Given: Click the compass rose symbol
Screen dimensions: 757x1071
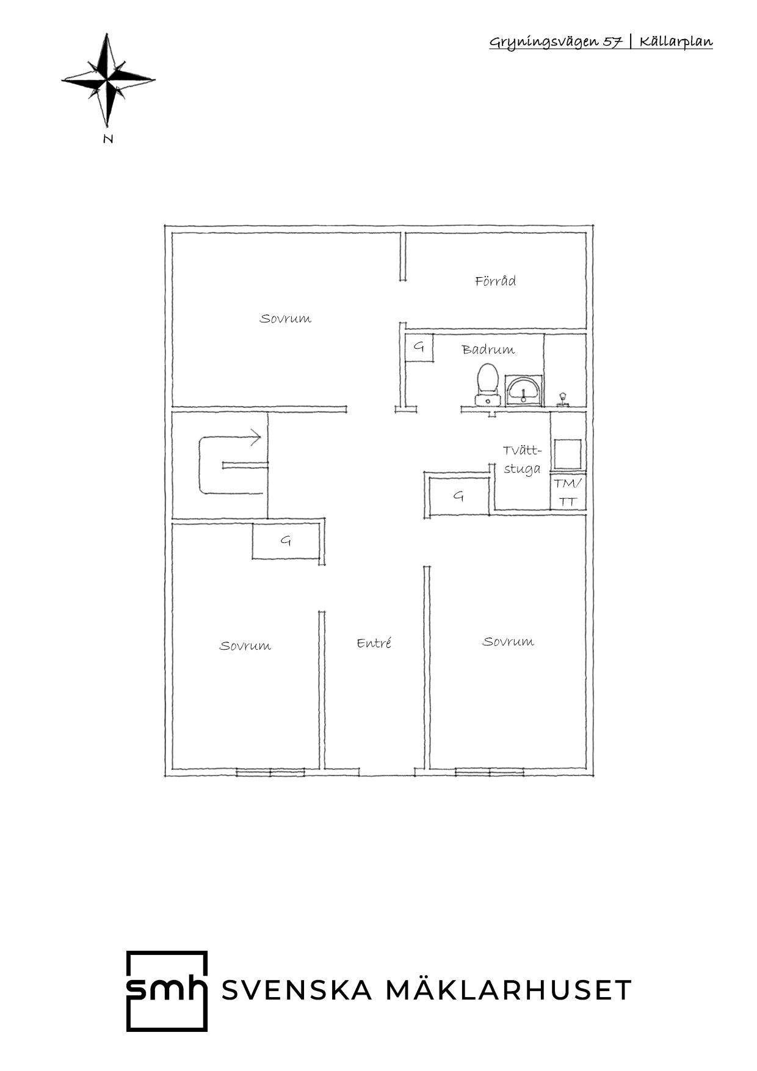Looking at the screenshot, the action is pos(108,80).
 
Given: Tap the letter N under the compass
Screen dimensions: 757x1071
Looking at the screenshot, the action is pos(108,139).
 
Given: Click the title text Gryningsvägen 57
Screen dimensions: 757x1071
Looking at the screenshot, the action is pos(556,42).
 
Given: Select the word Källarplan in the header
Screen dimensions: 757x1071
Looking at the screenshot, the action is pos(676,42).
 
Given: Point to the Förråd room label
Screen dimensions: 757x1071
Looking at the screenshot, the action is pos(495,281).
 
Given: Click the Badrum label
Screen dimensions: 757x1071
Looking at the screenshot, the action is pos(488,350).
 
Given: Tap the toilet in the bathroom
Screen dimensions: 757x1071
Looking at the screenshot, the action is pos(487,385).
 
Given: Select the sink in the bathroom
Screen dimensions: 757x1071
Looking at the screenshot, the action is pos(523,390).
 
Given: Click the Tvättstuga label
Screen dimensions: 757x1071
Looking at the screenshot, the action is pos(523,460).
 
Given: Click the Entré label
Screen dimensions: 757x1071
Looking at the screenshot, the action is pos(374,643).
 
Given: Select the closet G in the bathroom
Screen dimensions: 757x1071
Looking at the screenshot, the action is pos(419,348).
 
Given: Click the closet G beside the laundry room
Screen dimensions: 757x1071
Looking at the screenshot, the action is pos(459,496).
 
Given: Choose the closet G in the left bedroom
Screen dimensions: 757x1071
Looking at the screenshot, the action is pos(286,540).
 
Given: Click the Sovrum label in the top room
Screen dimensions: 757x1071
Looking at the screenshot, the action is pos(285,319).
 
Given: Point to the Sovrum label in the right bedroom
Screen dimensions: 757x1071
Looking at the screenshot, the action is pos(508,642).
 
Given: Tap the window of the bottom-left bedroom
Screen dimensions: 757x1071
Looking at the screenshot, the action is pos(270,772).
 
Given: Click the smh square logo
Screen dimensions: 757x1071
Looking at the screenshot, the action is pos(167,991).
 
